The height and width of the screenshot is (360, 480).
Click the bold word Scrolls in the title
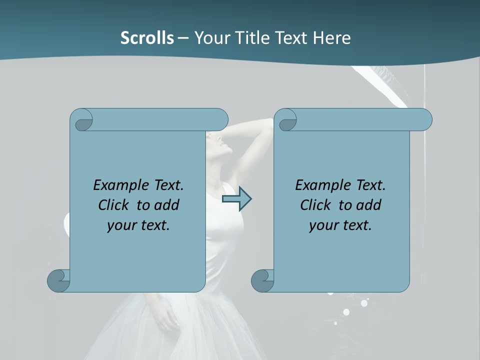point(147,38)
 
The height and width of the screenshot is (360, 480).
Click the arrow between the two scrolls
point(236,199)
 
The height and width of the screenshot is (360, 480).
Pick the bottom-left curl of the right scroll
point(262,280)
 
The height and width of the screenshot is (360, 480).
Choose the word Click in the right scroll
point(315,205)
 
